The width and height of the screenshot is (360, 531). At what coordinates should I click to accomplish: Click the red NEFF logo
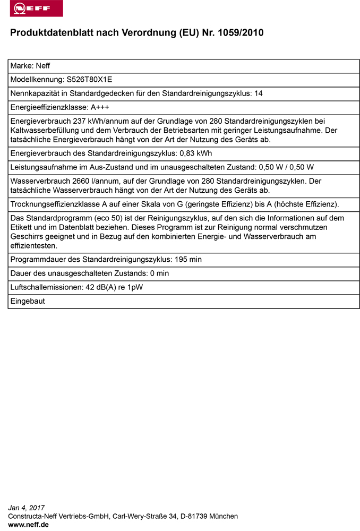coord(32,8)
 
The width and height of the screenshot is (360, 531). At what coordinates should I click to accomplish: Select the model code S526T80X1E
coord(89,80)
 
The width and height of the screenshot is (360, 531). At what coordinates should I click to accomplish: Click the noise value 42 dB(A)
coord(97,287)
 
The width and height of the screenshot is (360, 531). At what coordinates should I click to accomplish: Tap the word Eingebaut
coord(28,301)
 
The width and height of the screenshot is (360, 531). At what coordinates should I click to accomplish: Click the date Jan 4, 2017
coord(27,508)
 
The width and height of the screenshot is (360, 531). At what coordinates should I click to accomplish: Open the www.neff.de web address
coord(29,524)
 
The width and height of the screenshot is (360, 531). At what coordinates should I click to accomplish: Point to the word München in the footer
coord(224,516)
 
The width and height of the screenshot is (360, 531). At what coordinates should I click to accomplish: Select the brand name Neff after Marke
coord(43,66)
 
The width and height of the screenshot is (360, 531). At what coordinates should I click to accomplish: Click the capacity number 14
coord(259,93)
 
